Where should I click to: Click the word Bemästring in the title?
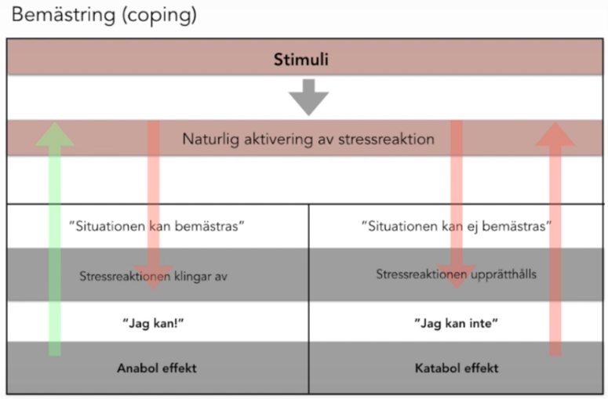tap(56, 15)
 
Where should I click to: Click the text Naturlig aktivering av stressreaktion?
tap(308, 140)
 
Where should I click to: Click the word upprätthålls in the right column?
tap(501, 275)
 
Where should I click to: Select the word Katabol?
tap(435, 368)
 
